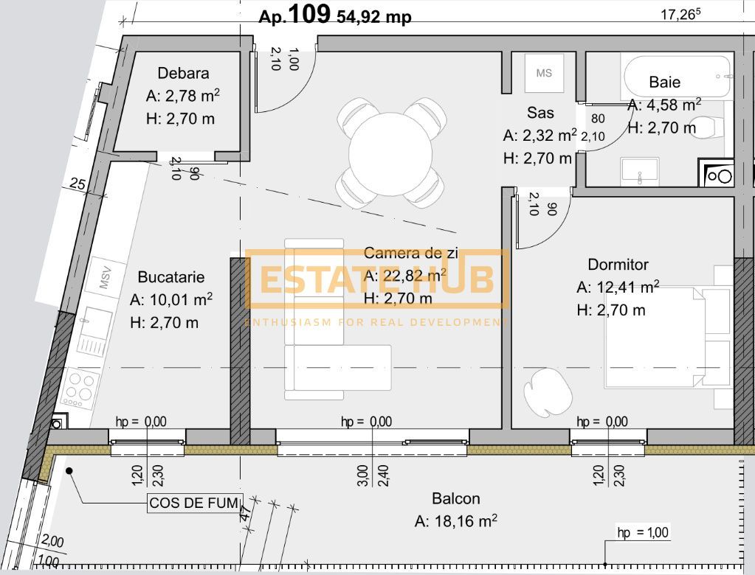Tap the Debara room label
point(183,73)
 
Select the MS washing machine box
point(544,73)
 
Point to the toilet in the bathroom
point(709,129)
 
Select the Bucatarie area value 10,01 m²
point(171,300)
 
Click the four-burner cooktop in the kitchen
point(80,388)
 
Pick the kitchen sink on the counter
point(94,331)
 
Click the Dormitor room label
point(618,264)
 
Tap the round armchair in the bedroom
point(547,390)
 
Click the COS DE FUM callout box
point(195,504)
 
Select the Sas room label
point(540,113)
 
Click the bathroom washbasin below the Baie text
point(639,170)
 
